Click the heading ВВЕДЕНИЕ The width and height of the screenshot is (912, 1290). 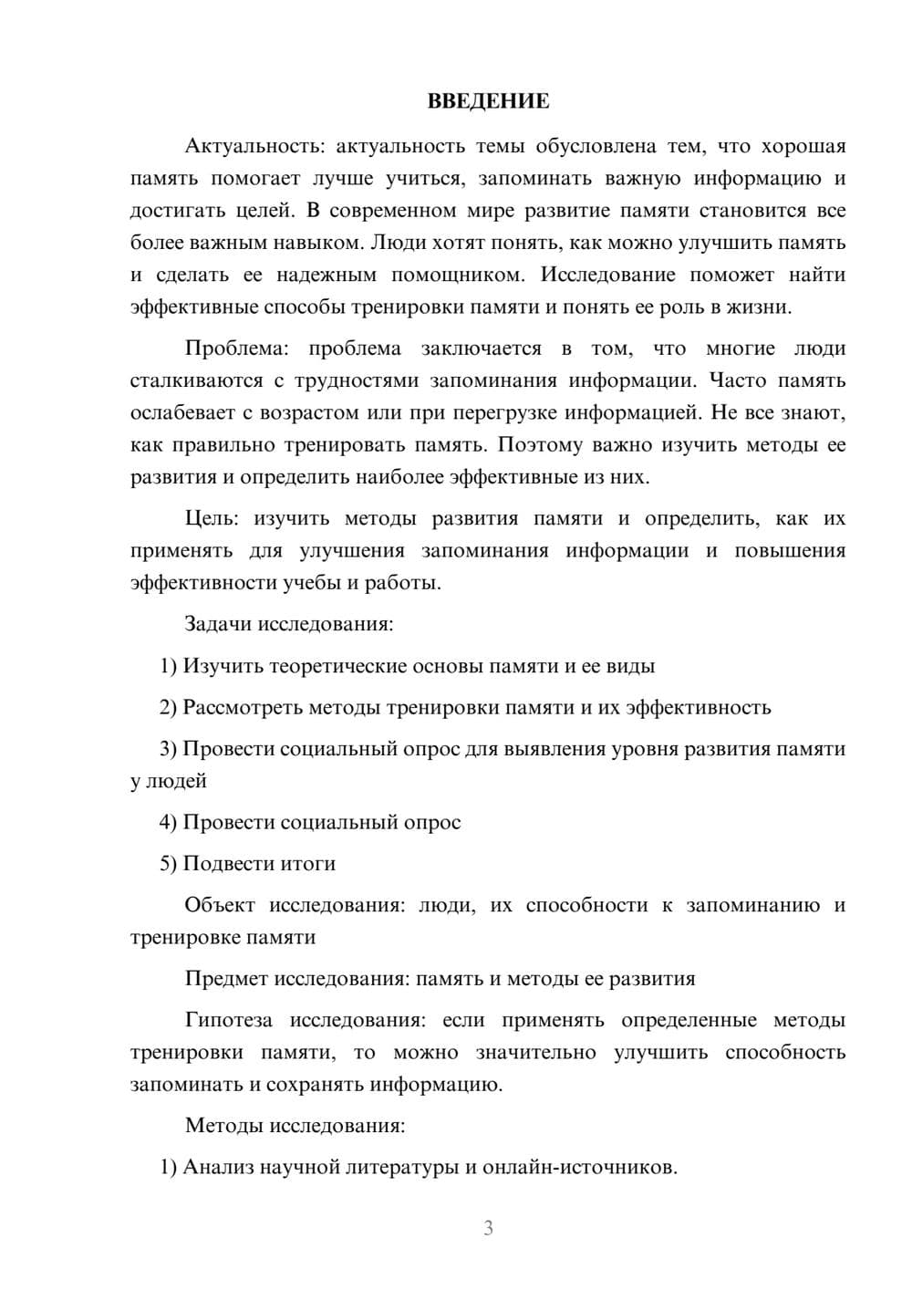click(x=488, y=101)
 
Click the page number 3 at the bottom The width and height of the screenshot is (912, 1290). click(x=488, y=1228)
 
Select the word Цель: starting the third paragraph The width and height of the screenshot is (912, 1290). click(x=212, y=518)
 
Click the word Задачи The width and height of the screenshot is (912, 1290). click(x=218, y=625)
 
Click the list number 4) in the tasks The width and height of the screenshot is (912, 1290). click(x=168, y=822)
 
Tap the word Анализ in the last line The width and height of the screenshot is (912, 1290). click(x=218, y=1167)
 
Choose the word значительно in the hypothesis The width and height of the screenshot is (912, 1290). click(x=536, y=1052)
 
